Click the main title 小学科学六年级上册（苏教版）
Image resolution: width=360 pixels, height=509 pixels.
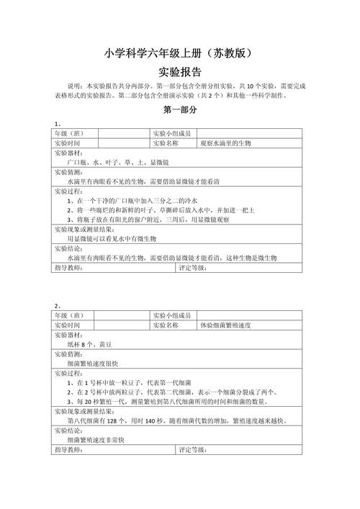pos(179,53)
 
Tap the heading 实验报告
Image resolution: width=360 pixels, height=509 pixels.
pos(179,73)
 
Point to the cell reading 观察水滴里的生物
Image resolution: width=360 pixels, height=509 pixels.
pos(226,143)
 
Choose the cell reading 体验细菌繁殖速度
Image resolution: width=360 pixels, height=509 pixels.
pos(225,325)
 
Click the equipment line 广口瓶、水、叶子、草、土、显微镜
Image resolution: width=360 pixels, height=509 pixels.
pos(117,163)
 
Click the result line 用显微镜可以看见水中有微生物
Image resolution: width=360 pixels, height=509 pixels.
pos(112,238)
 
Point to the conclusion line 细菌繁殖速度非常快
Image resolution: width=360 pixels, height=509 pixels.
pos(96,439)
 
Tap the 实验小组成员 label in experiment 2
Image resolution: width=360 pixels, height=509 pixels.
pos(171,316)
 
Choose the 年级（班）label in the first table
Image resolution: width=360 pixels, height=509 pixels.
pos(68,134)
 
